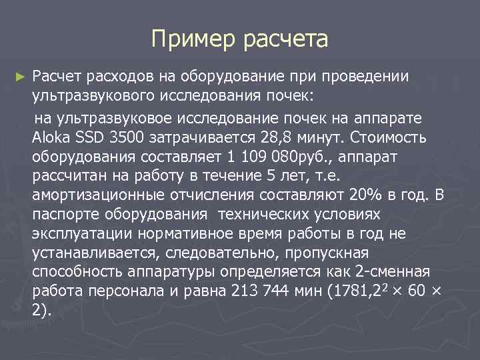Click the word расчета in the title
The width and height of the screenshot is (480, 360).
[289, 39]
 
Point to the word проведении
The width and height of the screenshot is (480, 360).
[371, 78]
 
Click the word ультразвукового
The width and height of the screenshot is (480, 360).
[83, 97]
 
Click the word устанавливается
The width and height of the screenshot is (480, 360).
[87, 253]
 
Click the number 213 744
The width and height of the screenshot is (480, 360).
[257, 293]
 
